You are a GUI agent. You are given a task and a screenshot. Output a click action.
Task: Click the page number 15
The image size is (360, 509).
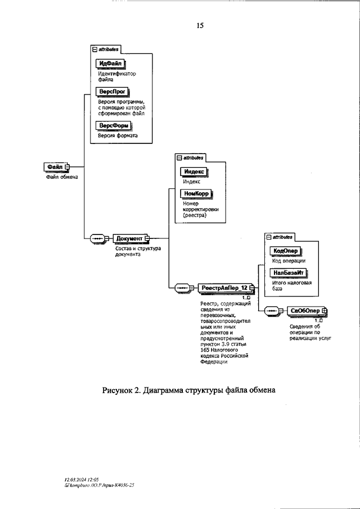coord(200,25)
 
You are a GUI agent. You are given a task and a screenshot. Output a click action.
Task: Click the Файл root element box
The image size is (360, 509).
coord(55,167)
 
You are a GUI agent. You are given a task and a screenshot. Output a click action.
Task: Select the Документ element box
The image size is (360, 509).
coord(129,238)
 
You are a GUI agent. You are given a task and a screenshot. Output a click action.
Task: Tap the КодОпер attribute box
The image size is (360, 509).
coord(285,251)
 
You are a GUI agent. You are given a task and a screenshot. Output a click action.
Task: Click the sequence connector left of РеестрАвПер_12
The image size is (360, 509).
coord(183,288)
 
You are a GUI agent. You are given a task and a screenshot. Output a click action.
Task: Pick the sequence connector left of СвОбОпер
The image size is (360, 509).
coord(272,310)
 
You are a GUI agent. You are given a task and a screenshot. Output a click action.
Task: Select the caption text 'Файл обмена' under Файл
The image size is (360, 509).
coord(61,177)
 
